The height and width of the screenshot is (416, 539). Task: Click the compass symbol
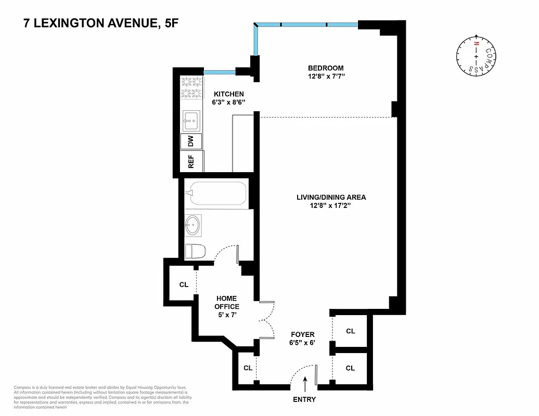pos(476,54)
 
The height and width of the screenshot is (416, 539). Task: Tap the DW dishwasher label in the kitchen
pos(190,141)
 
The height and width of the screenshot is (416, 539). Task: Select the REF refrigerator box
pos(191,162)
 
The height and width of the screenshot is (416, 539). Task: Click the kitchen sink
pos(190,120)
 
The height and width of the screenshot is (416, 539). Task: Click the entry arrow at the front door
pos(305,385)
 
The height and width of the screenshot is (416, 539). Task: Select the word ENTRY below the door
pos(305,400)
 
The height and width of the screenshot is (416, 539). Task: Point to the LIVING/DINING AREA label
pos(331,197)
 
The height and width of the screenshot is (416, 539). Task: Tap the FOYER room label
pos(303,334)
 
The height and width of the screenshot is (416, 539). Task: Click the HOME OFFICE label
pos(227,303)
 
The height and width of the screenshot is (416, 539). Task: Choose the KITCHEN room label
pos(229,94)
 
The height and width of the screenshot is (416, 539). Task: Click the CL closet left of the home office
pos(183,284)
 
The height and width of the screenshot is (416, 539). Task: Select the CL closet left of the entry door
pos(248,368)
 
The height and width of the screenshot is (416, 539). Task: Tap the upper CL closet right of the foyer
pos(350,331)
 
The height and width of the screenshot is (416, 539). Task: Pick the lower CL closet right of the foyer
pos(350,368)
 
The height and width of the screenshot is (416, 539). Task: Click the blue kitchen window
pos(220,72)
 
